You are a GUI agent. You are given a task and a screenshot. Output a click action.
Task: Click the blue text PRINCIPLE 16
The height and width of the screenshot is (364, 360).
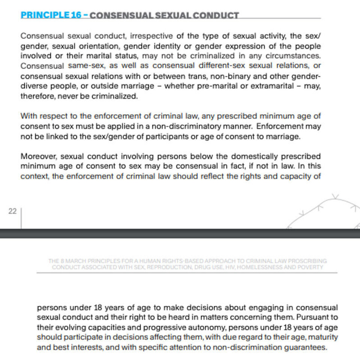45,15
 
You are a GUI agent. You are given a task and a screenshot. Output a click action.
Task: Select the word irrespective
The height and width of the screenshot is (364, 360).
151,36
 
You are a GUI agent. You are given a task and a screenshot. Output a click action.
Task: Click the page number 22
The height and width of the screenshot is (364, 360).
12,211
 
